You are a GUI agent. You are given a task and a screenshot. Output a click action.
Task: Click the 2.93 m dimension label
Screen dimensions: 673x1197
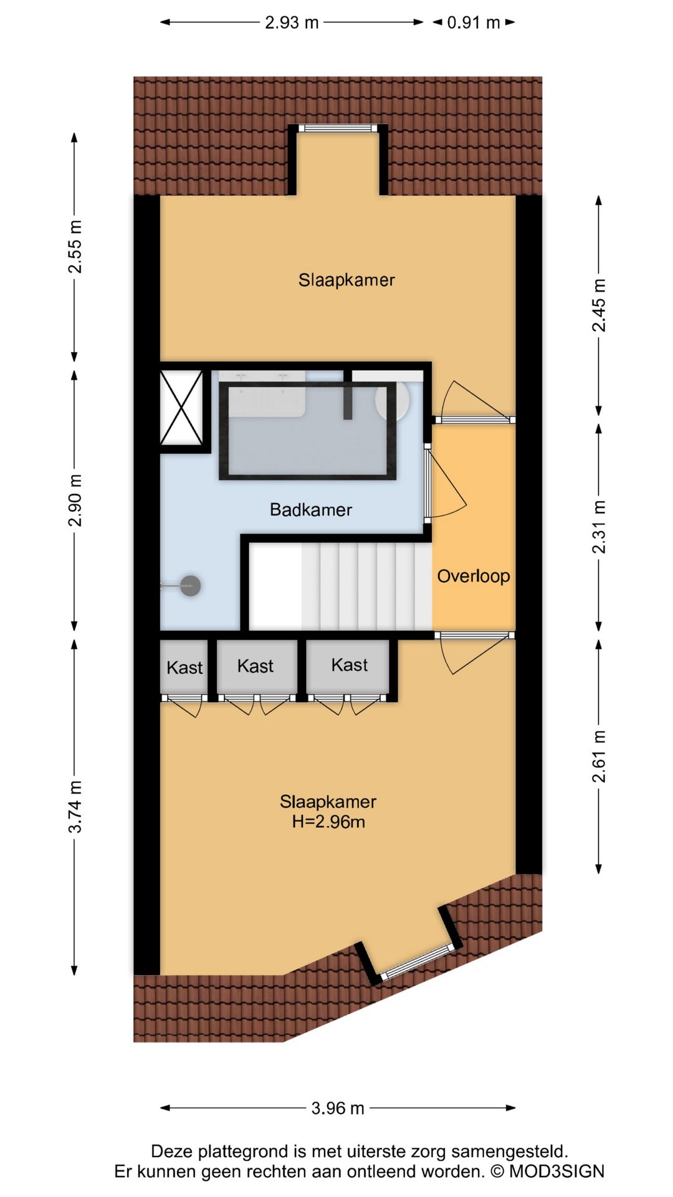click(x=292, y=22)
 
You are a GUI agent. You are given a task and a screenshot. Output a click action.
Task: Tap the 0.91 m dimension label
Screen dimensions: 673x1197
click(x=474, y=22)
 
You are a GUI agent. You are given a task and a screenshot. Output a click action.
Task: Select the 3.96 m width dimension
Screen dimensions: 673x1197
click(x=338, y=1108)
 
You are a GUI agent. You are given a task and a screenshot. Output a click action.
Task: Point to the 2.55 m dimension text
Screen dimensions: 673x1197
click(x=75, y=247)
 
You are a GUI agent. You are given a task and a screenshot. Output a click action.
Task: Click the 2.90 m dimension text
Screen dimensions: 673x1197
click(x=75, y=500)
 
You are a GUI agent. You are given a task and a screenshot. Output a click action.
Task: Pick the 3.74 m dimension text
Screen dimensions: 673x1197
click(x=75, y=807)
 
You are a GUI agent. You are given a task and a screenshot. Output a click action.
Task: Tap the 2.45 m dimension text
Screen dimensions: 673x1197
click(x=599, y=305)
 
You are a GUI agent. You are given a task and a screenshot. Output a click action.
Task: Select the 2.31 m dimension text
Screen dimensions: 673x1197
click(x=599, y=527)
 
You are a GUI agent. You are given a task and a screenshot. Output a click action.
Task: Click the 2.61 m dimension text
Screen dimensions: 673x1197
click(x=599, y=756)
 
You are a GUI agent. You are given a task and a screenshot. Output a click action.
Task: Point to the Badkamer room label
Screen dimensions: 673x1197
click(x=311, y=510)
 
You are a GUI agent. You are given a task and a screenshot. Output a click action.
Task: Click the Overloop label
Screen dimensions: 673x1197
click(x=474, y=576)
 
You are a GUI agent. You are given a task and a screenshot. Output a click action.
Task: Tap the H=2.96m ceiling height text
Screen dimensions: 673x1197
click(x=328, y=822)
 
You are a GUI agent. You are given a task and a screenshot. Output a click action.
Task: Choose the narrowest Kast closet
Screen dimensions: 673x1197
click(x=184, y=666)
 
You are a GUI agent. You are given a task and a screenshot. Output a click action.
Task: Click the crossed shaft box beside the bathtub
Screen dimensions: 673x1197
click(x=181, y=408)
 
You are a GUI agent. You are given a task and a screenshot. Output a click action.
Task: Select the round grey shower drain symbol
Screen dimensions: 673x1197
click(x=190, y=586)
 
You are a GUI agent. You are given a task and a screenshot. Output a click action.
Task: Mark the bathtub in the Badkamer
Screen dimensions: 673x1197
click(x=308, y=430)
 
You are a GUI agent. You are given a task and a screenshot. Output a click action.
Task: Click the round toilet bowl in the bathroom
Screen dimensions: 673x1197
click(x=393, y=399)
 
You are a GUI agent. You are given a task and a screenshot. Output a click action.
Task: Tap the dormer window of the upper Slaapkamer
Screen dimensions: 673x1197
click(x=338, y=128)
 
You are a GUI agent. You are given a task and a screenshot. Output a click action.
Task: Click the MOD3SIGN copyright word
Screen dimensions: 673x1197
click(x=557, y=1171)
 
